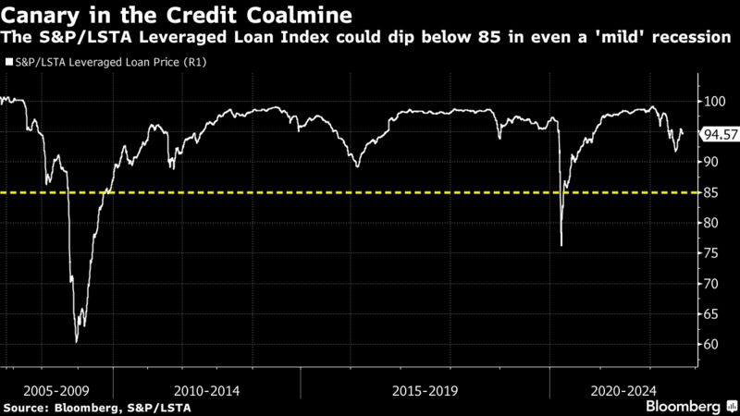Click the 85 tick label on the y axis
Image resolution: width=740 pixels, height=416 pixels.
711,192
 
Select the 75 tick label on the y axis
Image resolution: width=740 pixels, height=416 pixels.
711,253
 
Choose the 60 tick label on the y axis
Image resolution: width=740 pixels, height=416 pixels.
711,344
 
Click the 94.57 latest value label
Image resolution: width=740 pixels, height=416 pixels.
720,134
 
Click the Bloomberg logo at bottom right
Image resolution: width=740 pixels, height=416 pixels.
684,407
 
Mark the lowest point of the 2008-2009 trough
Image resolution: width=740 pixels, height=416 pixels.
77,342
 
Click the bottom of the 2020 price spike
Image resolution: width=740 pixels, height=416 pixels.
561,246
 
